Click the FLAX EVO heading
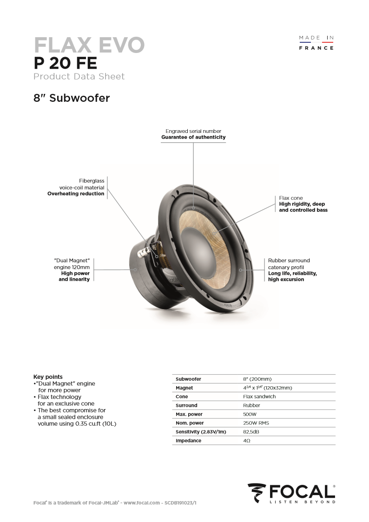[89, 45]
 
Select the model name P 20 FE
[65, 63]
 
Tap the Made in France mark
[316, 43]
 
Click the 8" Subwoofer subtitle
[72, 98]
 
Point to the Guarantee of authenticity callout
[193, 137]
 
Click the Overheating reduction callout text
[76, 193]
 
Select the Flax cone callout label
[291, 198]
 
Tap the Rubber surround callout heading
[289, 260]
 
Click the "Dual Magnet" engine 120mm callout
[72, 264]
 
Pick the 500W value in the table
[250, 414]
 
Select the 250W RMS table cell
[256, 423]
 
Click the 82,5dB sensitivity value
[251, 432]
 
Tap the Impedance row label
[188, 441]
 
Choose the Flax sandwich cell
[259, 396]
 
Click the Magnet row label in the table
[184, 388]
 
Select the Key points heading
[48, 377]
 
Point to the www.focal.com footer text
[141, 503]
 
